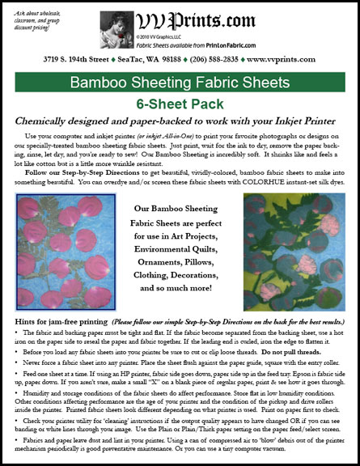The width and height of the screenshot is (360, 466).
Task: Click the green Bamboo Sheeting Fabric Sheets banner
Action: coord(180,83)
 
